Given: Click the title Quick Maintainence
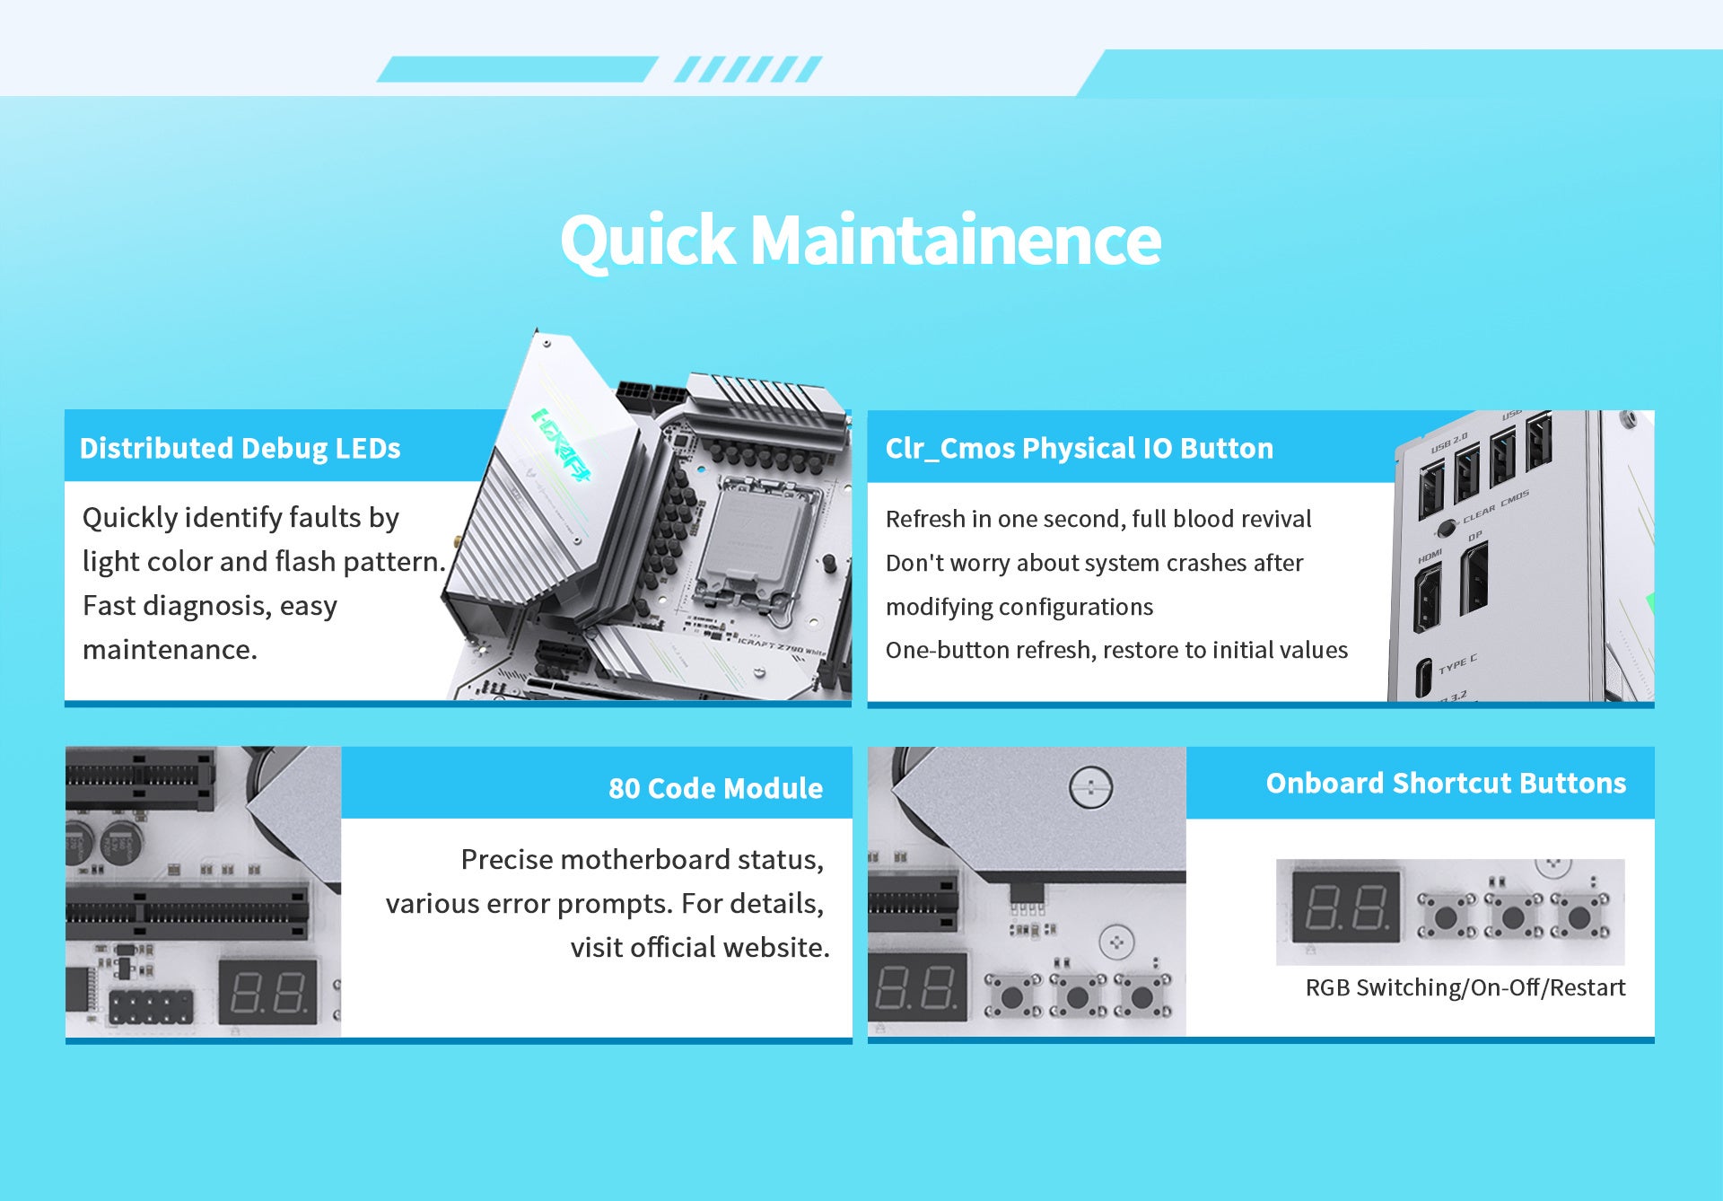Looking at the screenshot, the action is click(x=861, y=241).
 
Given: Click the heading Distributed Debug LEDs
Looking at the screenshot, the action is click(x=240, y=448).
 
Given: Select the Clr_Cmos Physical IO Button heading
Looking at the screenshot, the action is click(x=1079, y=448).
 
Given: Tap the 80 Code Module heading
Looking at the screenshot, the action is click(x=715, y=788).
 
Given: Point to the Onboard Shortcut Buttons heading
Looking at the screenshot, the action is click(x=1446, y=783).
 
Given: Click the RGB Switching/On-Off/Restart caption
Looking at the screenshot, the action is click(x=1465, y=987).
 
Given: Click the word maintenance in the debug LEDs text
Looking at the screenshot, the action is click(x=170, y=649).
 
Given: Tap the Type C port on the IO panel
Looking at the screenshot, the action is click(x=1423, y=677).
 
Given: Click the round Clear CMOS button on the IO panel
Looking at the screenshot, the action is click(x=1447, y=529).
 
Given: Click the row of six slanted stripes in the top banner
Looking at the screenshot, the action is click(x=748, y=69).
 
